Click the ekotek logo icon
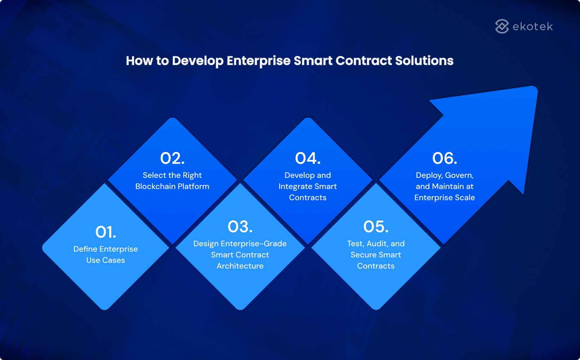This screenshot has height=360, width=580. (502, 26)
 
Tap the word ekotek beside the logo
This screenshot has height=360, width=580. (532, 27)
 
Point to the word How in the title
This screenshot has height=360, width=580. (139, 60)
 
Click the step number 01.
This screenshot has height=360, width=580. (106, 232)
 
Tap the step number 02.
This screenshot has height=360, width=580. (172, 158)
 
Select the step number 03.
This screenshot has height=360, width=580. (240, 227)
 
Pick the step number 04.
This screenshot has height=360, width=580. (308, 158)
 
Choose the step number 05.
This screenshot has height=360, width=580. (376, 227)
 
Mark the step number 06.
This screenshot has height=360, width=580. (445, 158)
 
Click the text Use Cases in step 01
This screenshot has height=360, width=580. (106, 260)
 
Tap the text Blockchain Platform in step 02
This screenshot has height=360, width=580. (172, 186)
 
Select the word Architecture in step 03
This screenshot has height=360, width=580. (240, 266)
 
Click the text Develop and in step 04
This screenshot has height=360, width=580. (308, 175)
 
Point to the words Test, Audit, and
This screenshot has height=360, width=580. (376, 244)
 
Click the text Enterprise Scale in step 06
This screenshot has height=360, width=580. (445, 198)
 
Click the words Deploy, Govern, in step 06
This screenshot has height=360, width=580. (445, 175)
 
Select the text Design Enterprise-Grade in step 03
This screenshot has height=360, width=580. (240, 244)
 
